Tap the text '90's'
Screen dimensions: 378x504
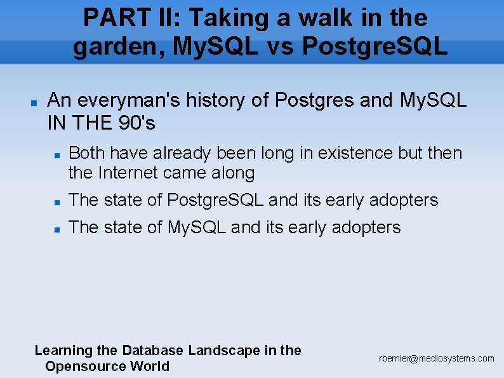coord(137,123)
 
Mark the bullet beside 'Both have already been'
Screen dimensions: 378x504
coord(56,154)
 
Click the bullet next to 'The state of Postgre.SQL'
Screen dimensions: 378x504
coord(56,201)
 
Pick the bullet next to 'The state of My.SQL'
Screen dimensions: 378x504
coord(56,229)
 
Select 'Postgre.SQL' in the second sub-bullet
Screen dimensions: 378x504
coord(216,200)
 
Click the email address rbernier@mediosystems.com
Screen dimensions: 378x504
coord(436,359)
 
